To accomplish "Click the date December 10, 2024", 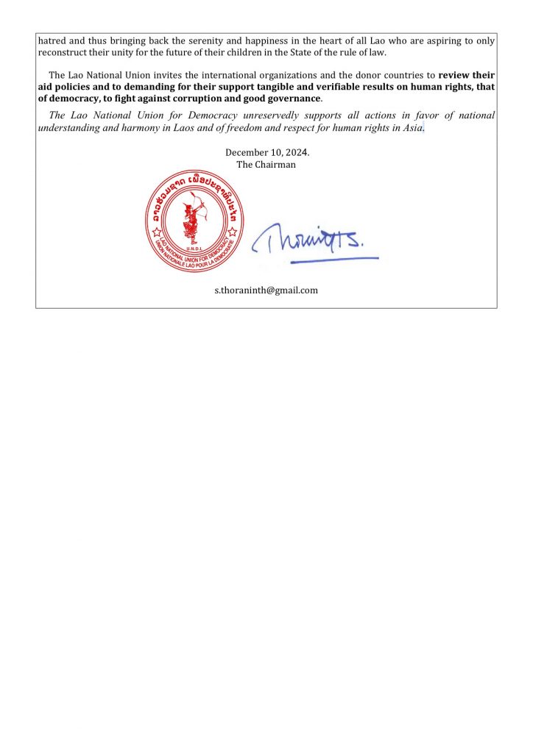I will coord(266,153).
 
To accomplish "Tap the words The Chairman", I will coord(266,165).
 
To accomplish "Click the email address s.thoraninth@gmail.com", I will coord(266,290).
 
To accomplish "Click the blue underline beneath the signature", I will coord(334,259).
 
